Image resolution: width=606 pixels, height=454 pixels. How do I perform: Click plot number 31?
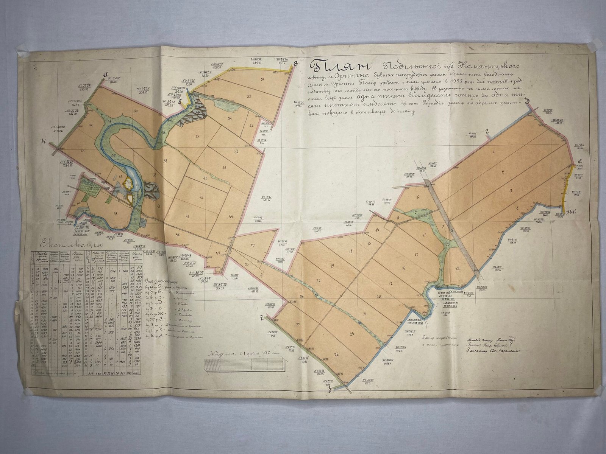click(262, 79)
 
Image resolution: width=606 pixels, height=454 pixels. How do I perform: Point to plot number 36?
click(236, 152)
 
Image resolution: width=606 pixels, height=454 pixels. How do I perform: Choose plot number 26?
click(336, 354)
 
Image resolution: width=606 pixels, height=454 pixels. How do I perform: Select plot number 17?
click(390, 283)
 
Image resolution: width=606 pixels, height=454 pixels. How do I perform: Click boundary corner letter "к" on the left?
click(44, 141)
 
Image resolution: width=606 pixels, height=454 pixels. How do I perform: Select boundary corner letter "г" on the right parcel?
click(488, 131)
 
